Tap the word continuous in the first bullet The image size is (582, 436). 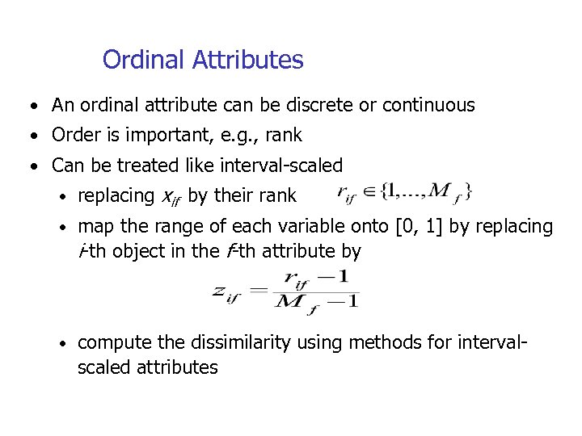pos(428,105)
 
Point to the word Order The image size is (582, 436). pos(74,136)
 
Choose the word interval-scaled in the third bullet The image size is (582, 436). pos(277,166)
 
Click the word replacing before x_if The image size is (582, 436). pos(116,196)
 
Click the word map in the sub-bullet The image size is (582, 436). pos(94,227)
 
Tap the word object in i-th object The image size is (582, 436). pos(140,251)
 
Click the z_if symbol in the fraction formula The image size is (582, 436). pos(228,291)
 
